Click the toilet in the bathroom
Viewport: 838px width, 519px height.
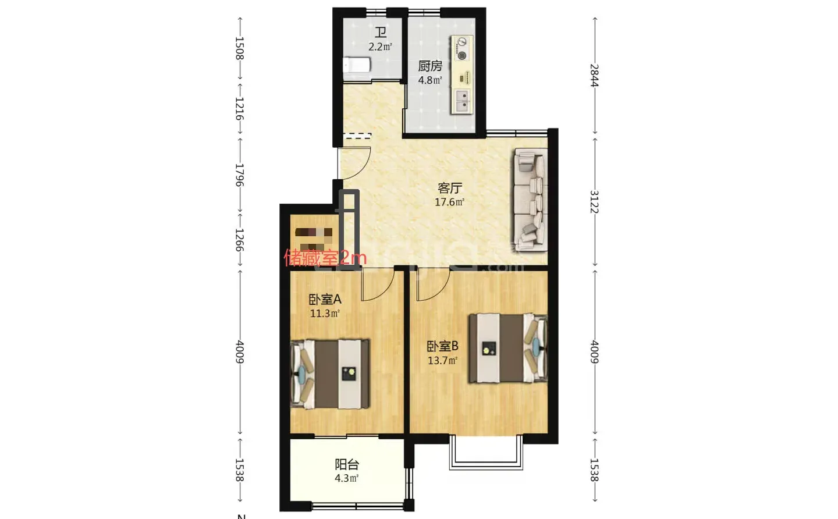357,65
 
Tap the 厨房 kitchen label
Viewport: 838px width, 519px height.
430,66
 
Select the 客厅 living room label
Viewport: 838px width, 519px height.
449,188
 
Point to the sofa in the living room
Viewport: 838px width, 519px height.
530,200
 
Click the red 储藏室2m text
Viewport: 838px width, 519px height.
325,257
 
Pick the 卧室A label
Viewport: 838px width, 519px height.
325,299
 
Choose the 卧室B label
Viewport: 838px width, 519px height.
442,346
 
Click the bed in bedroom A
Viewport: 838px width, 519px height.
330,374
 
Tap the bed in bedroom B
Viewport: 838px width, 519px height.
508,348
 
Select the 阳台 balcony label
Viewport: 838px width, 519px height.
346,464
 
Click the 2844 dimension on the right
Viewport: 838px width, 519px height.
594,76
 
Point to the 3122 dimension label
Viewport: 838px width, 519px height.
594,202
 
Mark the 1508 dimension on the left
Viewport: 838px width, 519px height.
239,48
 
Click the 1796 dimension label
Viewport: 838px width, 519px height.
239,175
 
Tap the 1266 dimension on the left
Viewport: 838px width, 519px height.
239,239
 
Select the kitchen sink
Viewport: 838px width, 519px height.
463,101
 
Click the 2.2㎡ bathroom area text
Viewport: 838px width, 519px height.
380,47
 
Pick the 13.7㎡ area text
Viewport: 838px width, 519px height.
442,361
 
